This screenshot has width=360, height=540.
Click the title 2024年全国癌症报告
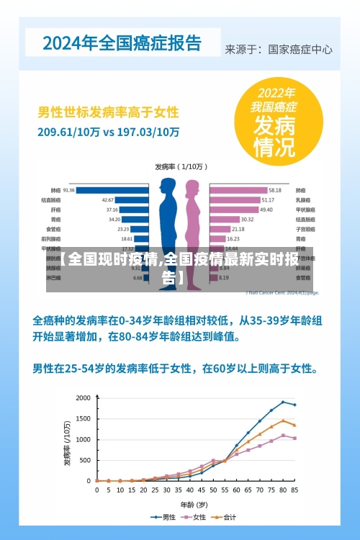[x=122, y=43]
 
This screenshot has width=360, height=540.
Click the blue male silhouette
[x=168, y=223]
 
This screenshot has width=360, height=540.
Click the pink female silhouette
[x=193, y=223]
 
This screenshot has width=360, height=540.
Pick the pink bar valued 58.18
[x=238, y=190]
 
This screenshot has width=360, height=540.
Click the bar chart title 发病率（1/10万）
[x=181, y=166]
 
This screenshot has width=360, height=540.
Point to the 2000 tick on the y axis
[x=84, y=397]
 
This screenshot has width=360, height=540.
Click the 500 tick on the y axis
[x=86, y=460]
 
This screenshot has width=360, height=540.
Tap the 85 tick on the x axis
[x=294, y=490]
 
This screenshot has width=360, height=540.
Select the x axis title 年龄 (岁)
[x=194, y=503]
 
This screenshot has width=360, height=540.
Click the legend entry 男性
[x=166, y=517]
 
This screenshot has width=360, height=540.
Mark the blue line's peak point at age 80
[x=283, y=402]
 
